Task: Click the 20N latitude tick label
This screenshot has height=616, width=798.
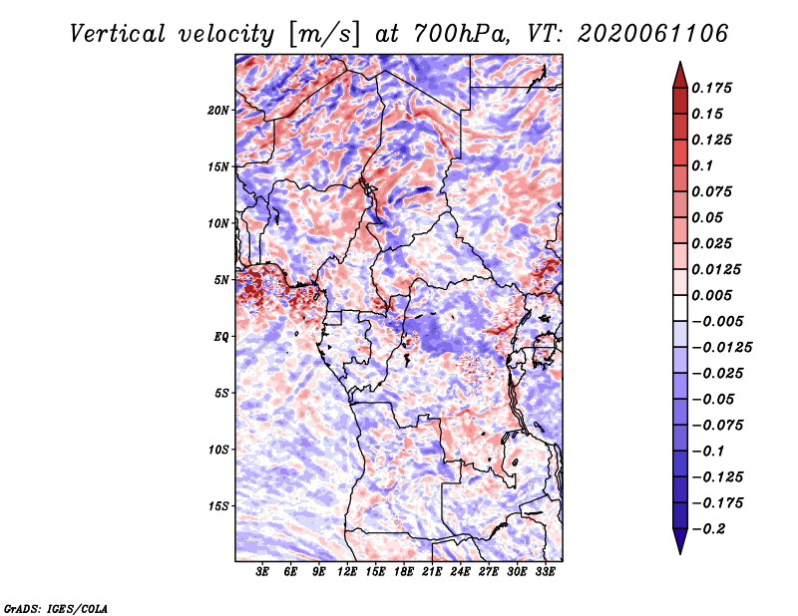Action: [217, 111]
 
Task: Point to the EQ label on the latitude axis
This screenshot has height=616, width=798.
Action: [220, 337]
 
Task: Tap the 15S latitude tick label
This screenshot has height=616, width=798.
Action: [217, 506]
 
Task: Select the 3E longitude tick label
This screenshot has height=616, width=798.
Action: [262, 571]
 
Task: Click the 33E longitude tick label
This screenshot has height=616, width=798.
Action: [545, 571]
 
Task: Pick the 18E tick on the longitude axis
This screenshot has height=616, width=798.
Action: [404, 571]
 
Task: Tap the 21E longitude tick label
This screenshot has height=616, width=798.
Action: [432, 571]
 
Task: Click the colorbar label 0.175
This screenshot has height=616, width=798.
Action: [711, 88]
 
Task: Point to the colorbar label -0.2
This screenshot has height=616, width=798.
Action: [708, 529]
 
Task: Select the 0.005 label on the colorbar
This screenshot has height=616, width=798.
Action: [711, 295]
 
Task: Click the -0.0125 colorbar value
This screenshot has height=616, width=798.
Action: [721, 348]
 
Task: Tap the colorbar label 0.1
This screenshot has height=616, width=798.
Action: [702, 165]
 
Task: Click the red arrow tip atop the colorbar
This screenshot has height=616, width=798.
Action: [680, 62]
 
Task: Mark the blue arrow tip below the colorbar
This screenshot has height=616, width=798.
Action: [680, 553]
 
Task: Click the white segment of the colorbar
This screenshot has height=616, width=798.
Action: [680, 308]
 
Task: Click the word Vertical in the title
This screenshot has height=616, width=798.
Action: [118, 34]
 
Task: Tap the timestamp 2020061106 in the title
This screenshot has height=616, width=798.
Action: [652, 34]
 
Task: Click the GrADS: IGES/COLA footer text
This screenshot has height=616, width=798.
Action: [56, 608]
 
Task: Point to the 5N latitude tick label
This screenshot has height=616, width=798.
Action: [220, 280]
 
